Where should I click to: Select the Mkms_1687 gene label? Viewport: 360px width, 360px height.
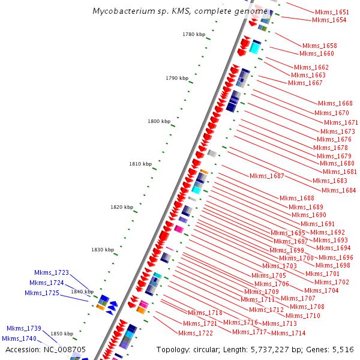coord(267,176)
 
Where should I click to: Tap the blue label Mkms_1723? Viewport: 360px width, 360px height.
coord(52,272)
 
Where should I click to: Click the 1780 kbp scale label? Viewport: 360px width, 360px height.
coord(193,35)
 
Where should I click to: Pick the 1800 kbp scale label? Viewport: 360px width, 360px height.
coord(159,121)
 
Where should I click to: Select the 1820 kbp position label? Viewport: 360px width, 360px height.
coord(122,207)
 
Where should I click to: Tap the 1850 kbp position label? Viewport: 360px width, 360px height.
coord(62,334)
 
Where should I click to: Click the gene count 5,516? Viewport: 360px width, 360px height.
coord(343,349)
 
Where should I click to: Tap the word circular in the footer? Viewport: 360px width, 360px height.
coord(208,349)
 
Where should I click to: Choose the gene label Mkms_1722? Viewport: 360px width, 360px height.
coord(196,333)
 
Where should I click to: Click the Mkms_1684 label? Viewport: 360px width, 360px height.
coord(339,190)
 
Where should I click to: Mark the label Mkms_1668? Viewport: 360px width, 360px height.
coord(335,103)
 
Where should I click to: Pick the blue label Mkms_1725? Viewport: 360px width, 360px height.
coord(42,293)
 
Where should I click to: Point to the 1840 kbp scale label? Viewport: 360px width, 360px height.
coord(82,292)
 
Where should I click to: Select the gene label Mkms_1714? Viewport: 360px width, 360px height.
coord(289,333)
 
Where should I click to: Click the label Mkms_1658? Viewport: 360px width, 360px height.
coord(320,46)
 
